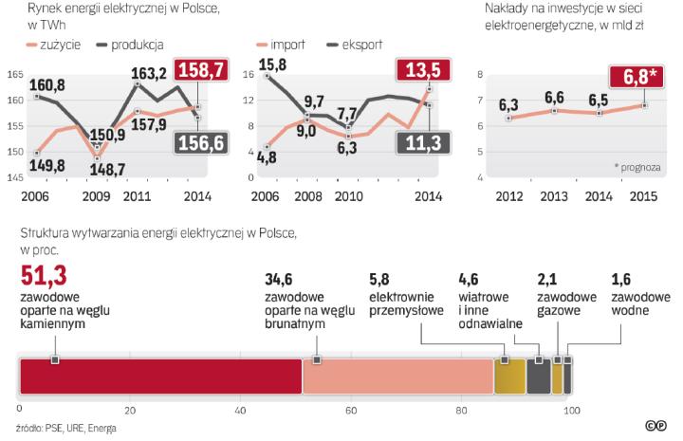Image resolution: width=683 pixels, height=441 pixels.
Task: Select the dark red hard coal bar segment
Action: (x=160, y=377)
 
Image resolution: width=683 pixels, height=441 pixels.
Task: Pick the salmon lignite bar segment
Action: (x=397, y=377)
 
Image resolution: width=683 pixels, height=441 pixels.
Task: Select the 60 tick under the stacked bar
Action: (x=351, y=410)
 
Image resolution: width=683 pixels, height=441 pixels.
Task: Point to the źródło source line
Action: (x=65, y=428)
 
